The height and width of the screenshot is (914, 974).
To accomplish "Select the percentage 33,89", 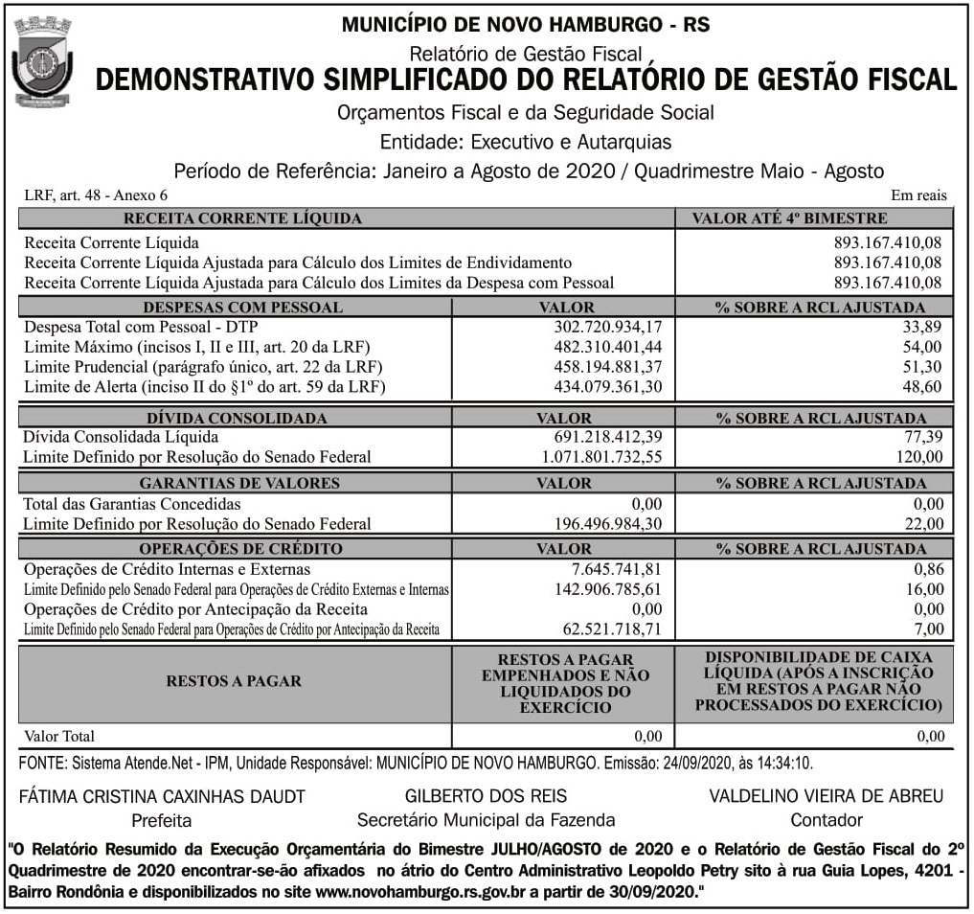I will [923, 328].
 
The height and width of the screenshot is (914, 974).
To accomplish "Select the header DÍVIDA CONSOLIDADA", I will [237, 418].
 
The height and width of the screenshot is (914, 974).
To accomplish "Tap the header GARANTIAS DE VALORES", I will [239, 483].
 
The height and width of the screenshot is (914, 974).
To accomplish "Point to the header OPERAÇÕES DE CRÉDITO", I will [240, 549].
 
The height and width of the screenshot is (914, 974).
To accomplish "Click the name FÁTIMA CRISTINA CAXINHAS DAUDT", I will [162, 796].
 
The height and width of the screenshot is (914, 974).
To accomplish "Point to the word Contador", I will [827, 820].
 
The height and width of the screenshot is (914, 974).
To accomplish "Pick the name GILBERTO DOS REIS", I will [486, 796].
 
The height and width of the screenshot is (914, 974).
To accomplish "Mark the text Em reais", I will [917, 195].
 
